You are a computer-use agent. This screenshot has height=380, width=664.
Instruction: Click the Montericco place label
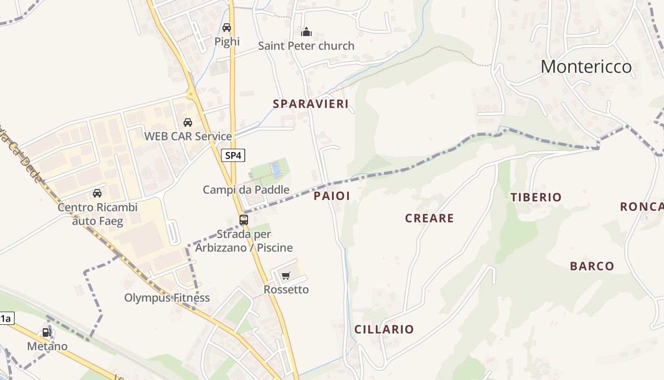pos(586,66)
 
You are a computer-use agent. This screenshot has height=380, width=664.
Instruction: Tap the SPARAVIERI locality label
pos(311,104)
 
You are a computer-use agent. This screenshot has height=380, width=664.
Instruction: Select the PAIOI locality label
pos(332,196)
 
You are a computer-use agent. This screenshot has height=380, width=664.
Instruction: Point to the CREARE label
pos(429,218)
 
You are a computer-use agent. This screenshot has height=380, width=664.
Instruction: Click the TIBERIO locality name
pos(536,197)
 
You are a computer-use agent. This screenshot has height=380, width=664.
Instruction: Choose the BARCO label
pos(592,266)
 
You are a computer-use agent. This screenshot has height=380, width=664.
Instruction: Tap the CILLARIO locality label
pos(384,329)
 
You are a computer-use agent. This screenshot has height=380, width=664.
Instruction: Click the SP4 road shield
pos(233,155)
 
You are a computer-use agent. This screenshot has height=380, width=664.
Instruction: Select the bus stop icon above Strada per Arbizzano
pos(244,220)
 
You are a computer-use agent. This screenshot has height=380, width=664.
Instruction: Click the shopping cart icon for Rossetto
pos(286,276)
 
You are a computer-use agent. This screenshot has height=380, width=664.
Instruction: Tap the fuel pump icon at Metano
pos(46,332)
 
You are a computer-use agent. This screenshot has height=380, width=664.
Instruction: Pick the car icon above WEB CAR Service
pos(188,123)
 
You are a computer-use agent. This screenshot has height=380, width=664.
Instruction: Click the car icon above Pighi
pos(227,28)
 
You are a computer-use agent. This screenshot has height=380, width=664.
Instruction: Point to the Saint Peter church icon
pos(306,32)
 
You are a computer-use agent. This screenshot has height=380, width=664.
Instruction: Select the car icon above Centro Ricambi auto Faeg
pos(97,193)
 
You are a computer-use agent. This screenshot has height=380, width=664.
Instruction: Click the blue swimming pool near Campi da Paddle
pos(275,170)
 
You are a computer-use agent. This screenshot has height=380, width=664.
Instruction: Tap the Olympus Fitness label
pos(167,298)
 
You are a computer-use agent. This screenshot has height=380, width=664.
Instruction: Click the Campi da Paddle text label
pos(246,190)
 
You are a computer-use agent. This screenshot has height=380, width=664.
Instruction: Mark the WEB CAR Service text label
pos(188,136)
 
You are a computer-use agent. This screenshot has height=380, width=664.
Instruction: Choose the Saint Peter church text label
pos(306,46)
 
